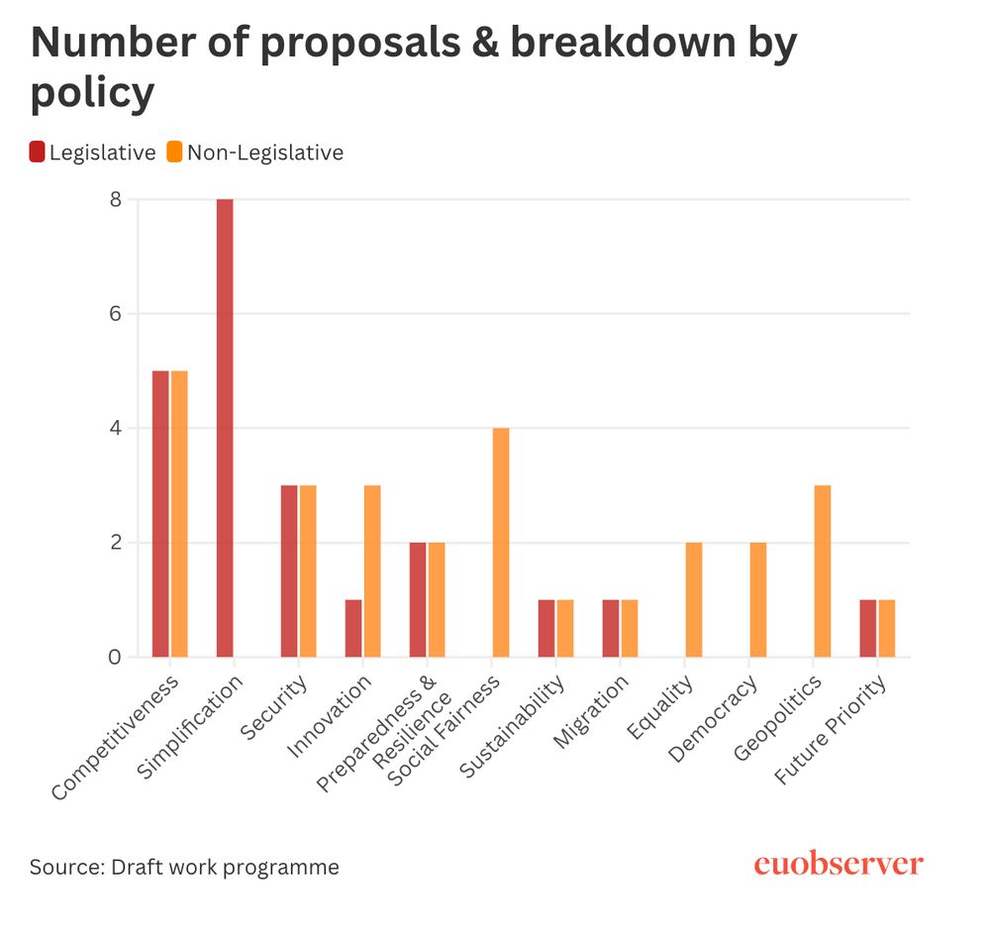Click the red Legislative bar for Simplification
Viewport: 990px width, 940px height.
[225, 428]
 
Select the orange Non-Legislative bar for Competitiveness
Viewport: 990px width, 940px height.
[179, 513]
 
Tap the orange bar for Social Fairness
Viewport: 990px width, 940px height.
[501, 542]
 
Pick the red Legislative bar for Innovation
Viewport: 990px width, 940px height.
[353, 628]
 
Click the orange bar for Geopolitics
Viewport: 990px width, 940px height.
[823, 571]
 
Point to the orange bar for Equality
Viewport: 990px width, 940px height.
[694, 599]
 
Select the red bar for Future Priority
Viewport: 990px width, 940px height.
[868, 628]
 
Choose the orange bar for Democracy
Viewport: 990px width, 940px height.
[758, 599]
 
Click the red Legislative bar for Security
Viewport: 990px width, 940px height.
[289, 571]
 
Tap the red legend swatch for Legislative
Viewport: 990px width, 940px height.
[38, 153]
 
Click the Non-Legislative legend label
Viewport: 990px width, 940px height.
[265, 153]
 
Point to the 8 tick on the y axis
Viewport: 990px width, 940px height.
[116, 199]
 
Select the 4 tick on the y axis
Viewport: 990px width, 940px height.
[116, 429]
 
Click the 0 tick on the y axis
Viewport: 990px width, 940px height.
[116, 658]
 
